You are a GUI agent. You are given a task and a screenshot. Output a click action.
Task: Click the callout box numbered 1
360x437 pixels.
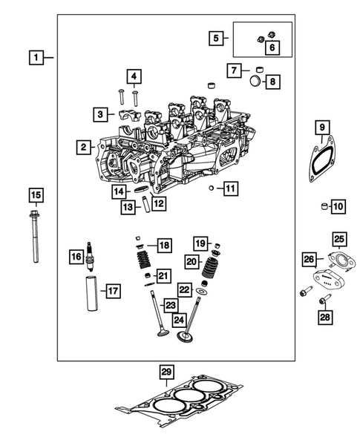[x=36, y=56]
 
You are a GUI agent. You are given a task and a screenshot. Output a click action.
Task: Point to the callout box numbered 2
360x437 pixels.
[x=85, y=148]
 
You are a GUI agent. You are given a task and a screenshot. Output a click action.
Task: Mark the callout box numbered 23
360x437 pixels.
[x=170, y=305]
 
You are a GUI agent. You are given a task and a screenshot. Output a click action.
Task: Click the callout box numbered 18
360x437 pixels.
[x=163, y=245]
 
